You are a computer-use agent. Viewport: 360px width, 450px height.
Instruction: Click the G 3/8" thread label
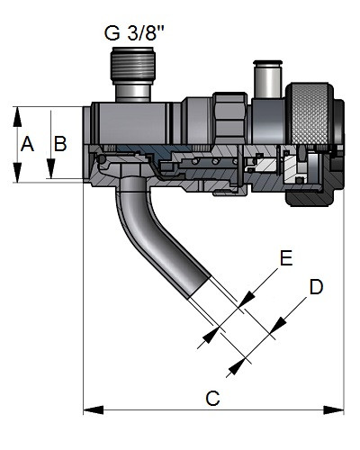point(134,32)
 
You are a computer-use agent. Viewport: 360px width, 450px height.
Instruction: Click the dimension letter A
point(27,144)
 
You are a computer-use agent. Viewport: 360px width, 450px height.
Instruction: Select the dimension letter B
point(60,144)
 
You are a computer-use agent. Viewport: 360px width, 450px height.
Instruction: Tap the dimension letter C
point(212,399)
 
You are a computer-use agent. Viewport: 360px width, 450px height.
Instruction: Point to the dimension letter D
point(316,287)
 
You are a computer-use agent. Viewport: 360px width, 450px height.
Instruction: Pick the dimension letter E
point(286,257)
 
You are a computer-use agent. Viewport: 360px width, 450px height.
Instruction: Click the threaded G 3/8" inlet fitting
point(133,64)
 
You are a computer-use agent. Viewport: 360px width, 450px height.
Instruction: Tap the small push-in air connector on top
point(268,79)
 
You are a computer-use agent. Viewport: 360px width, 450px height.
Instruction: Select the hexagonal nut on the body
point(229,119)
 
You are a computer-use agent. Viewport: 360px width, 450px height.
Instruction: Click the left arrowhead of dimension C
point(94,409)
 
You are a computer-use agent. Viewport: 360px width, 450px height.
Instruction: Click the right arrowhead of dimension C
point(333,409)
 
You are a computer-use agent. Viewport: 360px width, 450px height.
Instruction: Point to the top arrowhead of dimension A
point(17,117)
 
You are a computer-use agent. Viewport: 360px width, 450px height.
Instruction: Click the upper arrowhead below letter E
point(247,299)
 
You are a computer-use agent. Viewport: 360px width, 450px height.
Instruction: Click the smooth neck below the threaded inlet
point(133,93)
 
